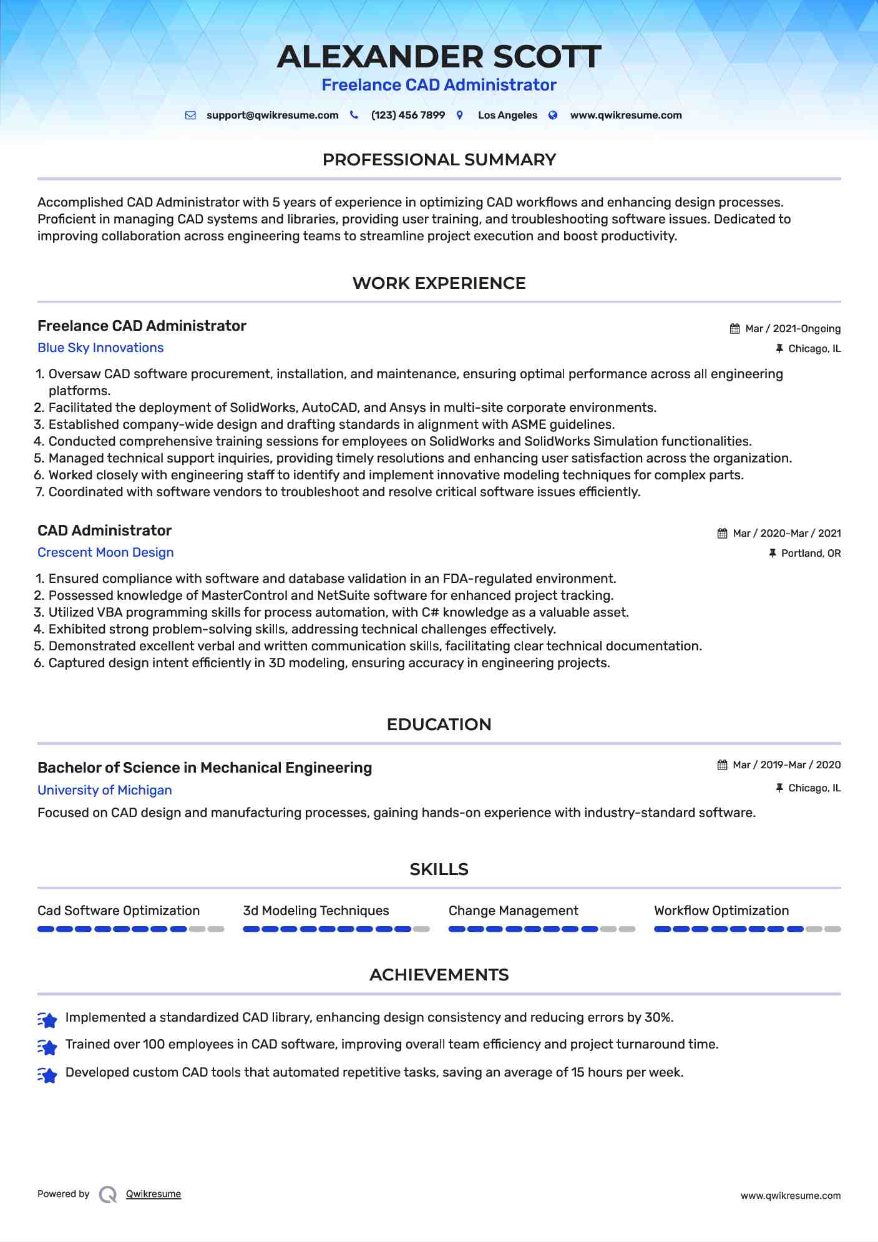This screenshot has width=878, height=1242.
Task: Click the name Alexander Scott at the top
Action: tap(439, 57)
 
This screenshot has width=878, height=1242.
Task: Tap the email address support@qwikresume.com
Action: tap(272, 115)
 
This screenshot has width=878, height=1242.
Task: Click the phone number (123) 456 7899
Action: tap(407, 115)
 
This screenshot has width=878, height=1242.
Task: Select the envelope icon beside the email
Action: tap(191, 115)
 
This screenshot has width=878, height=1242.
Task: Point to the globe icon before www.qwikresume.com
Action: tap(553, 115)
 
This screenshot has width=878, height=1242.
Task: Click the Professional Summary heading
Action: tap(439, 160)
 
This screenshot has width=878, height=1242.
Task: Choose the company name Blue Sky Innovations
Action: tap(100, 348)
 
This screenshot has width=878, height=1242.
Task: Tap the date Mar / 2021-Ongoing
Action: tap(793, 329)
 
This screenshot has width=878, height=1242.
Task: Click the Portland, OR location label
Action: tap(811, 554)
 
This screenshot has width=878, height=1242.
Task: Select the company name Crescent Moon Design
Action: tap(105, 552)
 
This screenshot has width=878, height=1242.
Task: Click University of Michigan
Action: tap(104, 790)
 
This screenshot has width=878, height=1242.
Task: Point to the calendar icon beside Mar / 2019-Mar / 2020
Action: tap(722, 765)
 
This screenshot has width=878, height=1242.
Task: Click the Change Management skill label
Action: tap(513, 911)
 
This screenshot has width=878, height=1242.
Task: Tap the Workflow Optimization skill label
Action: tap(721, 911)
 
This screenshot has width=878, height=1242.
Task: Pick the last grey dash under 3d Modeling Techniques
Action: tap(422, 929)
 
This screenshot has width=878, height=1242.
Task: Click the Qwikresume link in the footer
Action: tap(154, 1194)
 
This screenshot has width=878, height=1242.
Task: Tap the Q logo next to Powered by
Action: tap(108, 1195)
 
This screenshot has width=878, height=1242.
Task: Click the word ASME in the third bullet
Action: tap(529, 424)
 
